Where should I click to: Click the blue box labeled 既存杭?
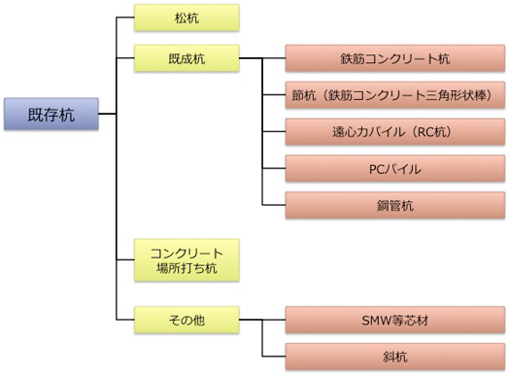click(x=51, y=114)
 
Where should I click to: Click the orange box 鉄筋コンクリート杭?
click(x=394, y=58)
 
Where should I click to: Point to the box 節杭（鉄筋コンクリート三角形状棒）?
click(x=394, y=95)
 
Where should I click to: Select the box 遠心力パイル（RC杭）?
click(x=394, y=131)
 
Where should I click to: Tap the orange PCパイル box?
click(x=394, y=167)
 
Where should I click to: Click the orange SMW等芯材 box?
click(x=394, y=317)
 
